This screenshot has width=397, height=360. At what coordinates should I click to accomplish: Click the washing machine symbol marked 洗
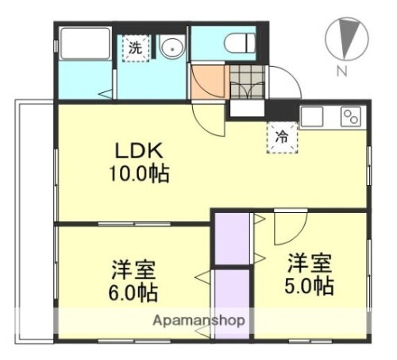(136, 48)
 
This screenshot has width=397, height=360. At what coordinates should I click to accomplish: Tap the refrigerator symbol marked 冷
(281, 134)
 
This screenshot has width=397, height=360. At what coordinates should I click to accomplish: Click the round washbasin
(172, 48)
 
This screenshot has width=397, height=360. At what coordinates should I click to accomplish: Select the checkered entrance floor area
(246, 81)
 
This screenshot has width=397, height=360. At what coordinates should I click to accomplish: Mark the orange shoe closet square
(209, 82)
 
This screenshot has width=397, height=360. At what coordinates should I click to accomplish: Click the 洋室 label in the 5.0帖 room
(307, 262)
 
